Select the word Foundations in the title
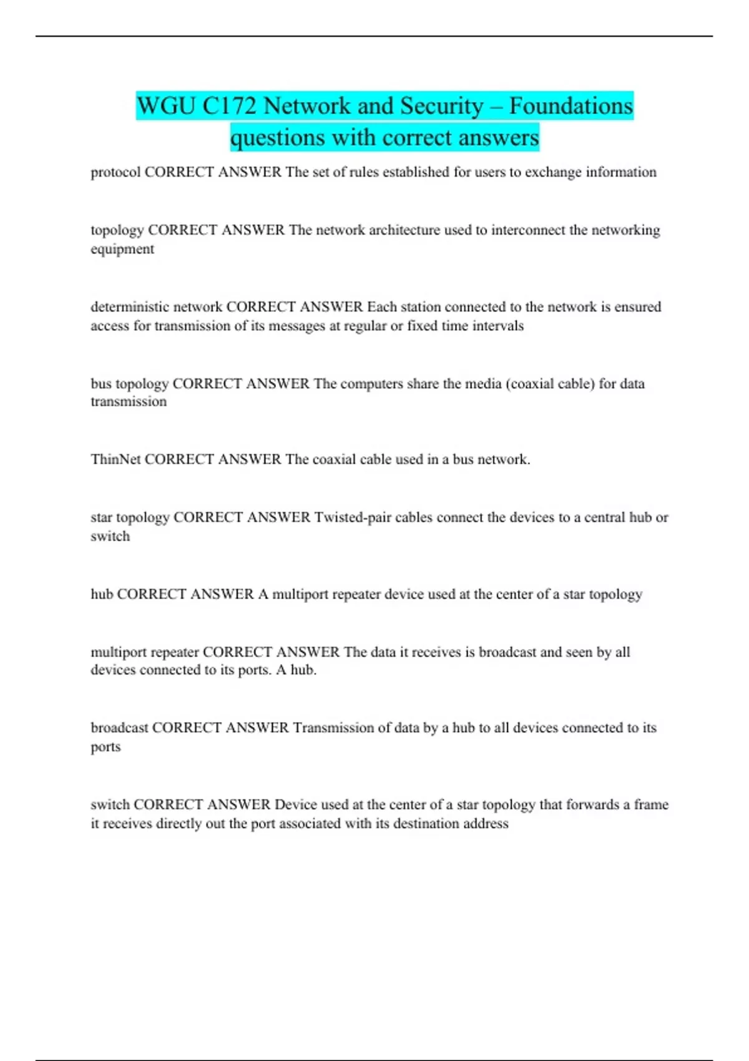pyautogui.click(x=570, y=106)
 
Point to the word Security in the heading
pyautogui.click(x=441, y=106)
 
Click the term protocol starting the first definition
pyautogui.click(x=115, y=172)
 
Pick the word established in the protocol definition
pyautogui.click(x=416, y=172)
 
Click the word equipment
pyautogui.click(x=122, y=249)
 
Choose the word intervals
pyautogui.click(x=497, y=326)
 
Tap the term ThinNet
pyautogui.click(x=115, y=460)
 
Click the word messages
pyautogui.click(x=293, y=326)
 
